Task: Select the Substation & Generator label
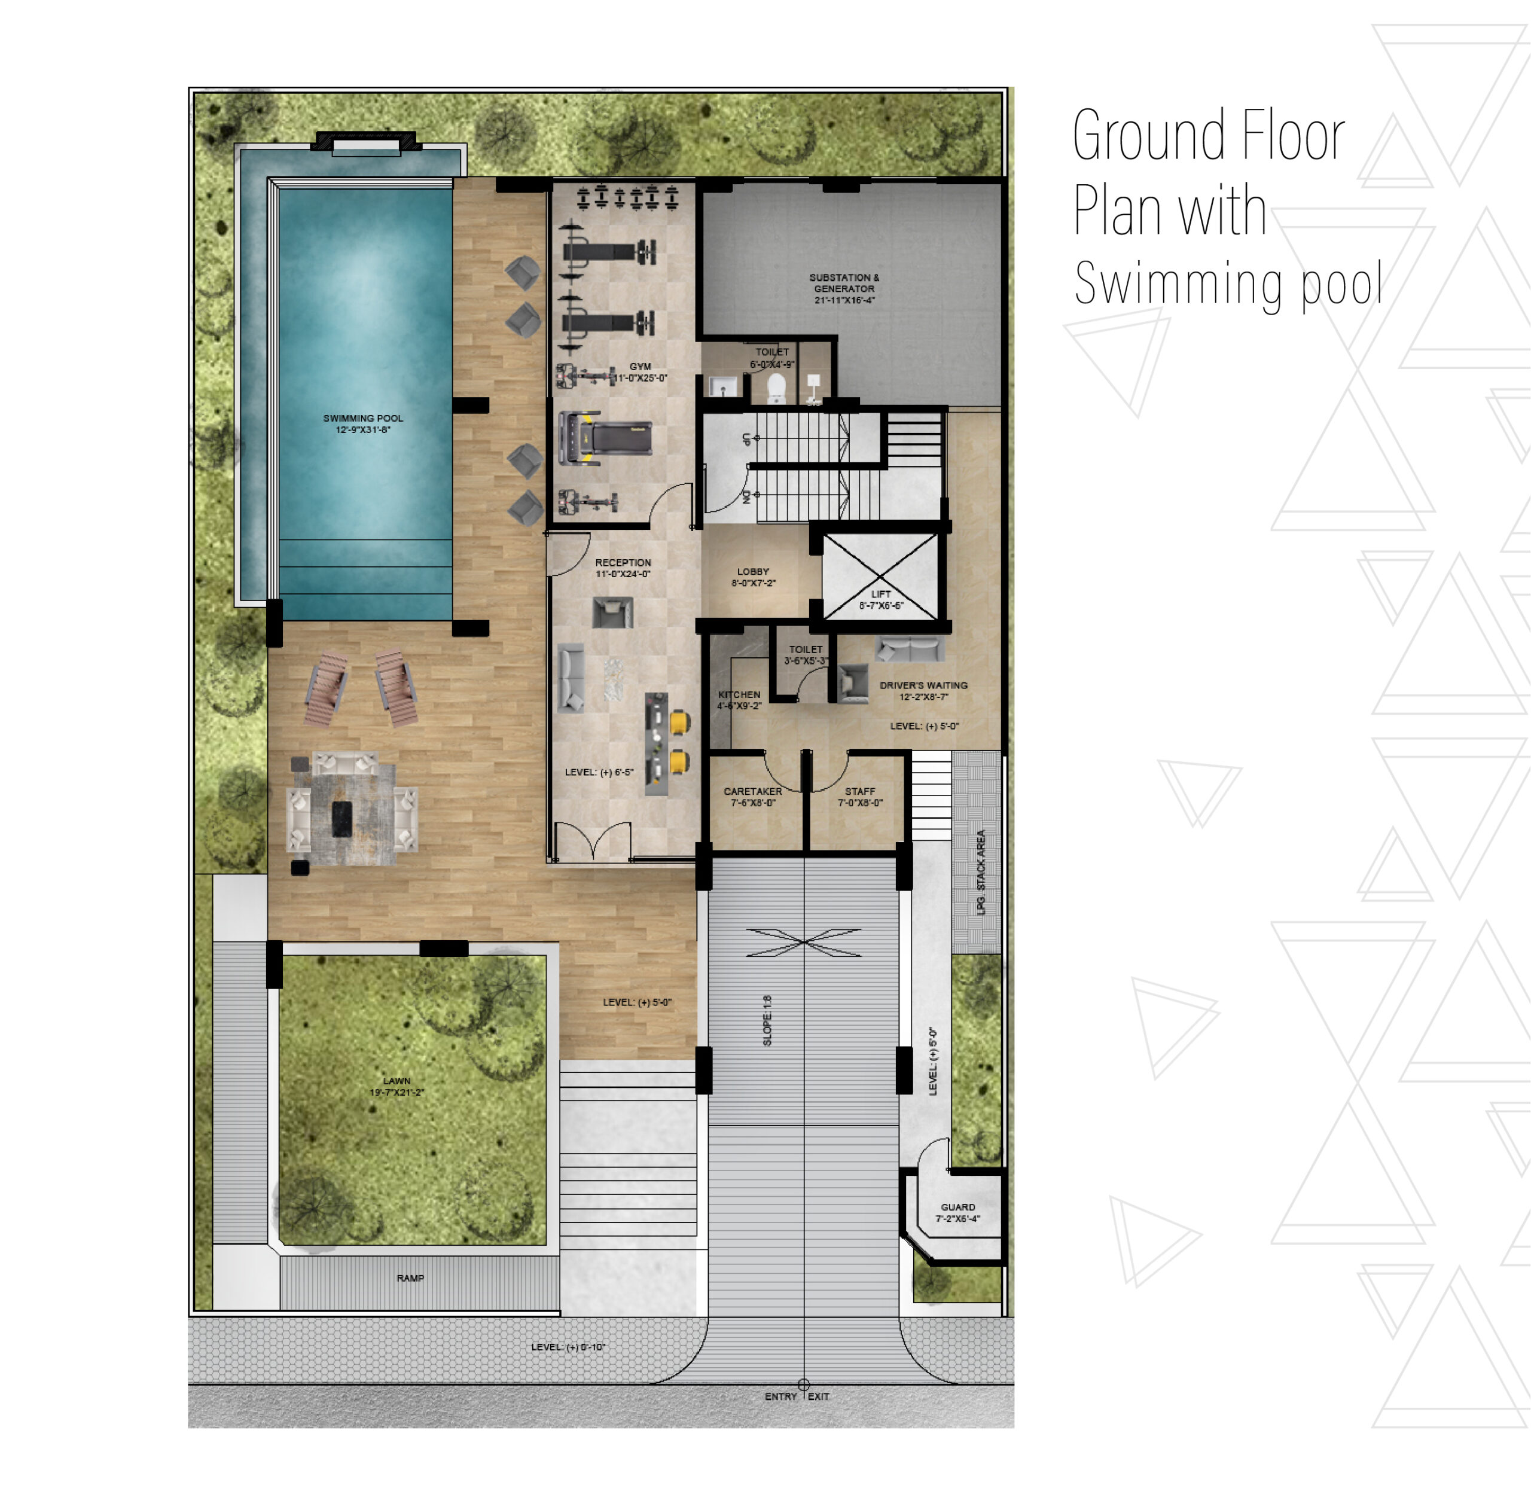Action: (x=843, y=288)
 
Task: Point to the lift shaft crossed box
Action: (x=879, y=577)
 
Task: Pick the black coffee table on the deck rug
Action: (x=341, y=819)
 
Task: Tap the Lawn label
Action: (x=397, y=1086)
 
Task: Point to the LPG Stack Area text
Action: (x=981, y=872)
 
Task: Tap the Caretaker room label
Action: (x=752, y=797)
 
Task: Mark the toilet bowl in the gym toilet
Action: (x=776, y=388)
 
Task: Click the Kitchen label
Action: (x=739, y=700)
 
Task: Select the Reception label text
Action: (x=623, y=568)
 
